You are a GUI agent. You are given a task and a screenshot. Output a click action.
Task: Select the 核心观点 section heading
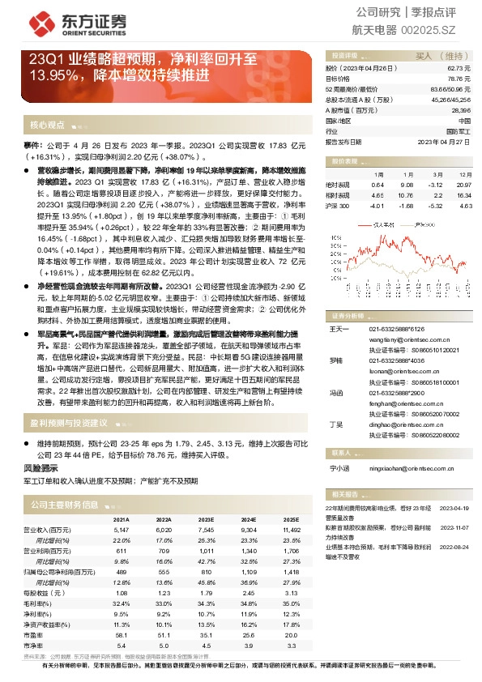pos(47,126)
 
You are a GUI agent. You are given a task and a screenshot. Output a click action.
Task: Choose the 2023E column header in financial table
pos(206,519)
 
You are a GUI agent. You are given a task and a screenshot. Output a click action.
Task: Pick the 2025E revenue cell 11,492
pos(290,529)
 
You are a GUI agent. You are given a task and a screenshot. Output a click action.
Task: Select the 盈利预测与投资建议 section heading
pos(69,423)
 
